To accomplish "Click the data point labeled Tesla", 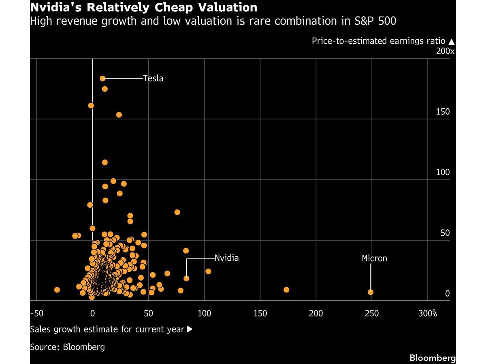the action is click(x=102, y=78).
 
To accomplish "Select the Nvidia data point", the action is click(x=186, y=278).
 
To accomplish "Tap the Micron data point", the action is click(x=371, y=292).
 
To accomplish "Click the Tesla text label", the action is click(x=153, y=78).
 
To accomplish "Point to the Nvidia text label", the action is click(x=227, y=258).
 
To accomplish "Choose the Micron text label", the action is click(x=374, y=258).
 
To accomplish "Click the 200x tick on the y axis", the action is click(x=445, y=51).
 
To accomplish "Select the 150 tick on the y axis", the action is click(x=443, y=112).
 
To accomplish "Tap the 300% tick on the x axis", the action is click(x=428, y=313).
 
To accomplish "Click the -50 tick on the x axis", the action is click(x=37, y=313).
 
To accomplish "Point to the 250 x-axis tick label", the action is click(x=372, y=313).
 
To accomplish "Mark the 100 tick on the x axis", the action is click(x=204, y=313).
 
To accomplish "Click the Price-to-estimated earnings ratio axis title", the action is click(x=378, y=41).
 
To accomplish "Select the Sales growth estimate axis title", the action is click(x=107, y=329).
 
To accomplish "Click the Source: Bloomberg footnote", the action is click(x=67, y=347).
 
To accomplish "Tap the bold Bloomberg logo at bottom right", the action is click(x=433, y=358).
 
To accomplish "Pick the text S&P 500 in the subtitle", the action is click(x=375, y=21).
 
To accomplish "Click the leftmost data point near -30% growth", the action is click(x=57, y=290).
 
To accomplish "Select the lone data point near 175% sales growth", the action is click(x=286, y=290).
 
